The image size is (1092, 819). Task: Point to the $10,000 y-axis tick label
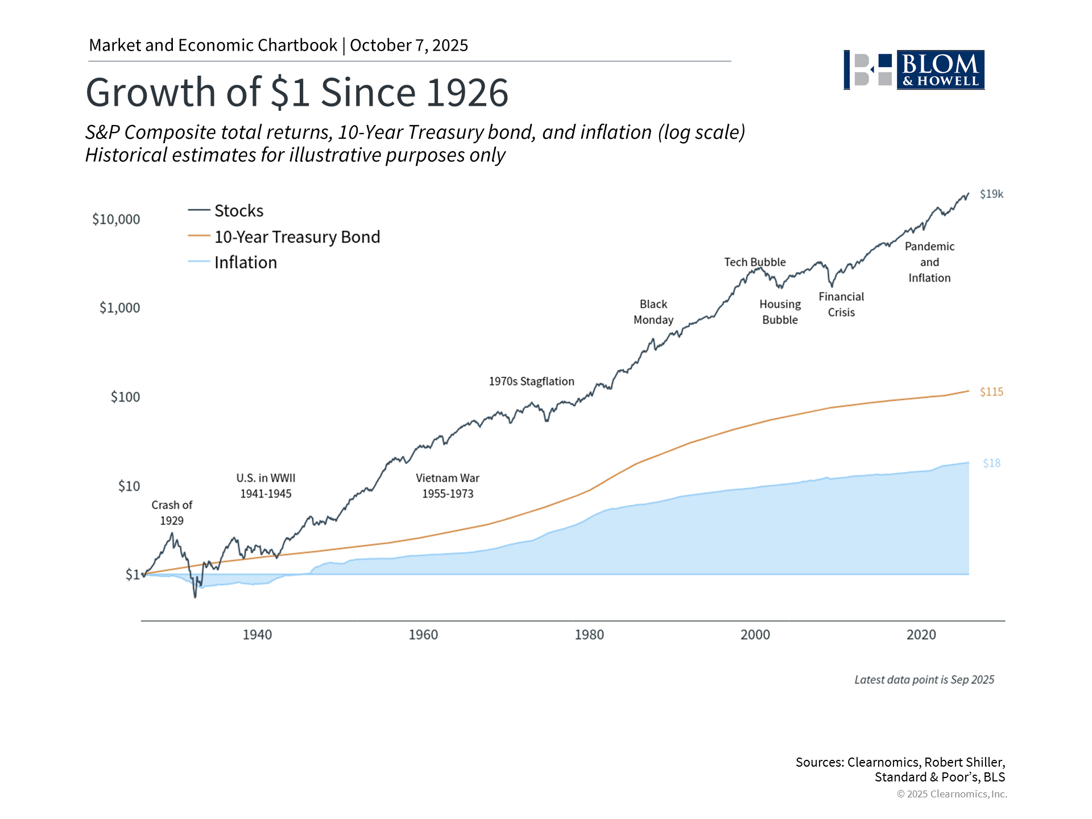(x=116, y=220)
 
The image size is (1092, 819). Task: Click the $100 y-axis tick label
(x=125, y=397)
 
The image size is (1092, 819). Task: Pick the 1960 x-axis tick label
(x=423, y=635)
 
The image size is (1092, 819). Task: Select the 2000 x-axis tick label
(x=755, y=635)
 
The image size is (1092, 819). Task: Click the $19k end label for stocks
(x=991, y=195)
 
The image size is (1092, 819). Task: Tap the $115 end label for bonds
(x=991, y=392)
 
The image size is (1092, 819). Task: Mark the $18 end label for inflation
(x=991, y=464)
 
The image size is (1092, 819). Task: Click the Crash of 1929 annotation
(x=172, y=513)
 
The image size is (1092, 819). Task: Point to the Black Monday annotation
(x=653, y=312)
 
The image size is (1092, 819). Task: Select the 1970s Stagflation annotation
(x=531, y=382)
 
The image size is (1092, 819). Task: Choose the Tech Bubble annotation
(x=755, y=262)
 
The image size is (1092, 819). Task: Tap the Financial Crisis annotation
(x=841, y=304)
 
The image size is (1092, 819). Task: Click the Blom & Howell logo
(x=914, y=70)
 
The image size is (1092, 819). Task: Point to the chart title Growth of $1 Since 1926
(x=297, y=93)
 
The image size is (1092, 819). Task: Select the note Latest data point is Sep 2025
(x=924, y=680)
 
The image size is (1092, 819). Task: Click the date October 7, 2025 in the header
(x=409, y=45)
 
